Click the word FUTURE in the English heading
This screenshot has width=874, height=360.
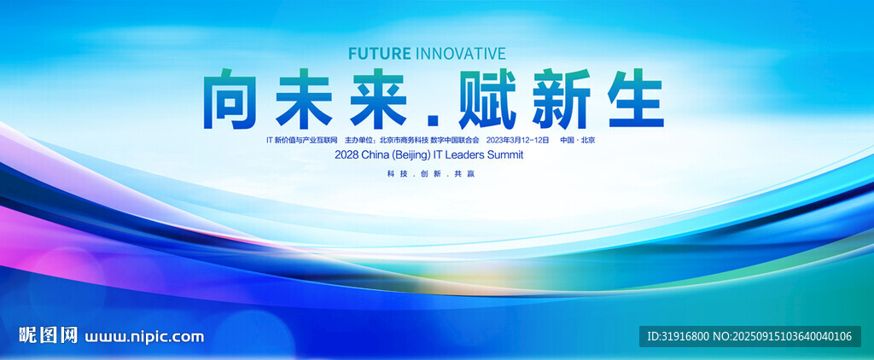point(379,54)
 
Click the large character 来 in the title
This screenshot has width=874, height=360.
point(378,99)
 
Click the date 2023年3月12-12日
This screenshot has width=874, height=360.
point(518,140)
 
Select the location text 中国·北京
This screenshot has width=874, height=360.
point(578,140)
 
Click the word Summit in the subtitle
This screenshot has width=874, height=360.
point(505,155)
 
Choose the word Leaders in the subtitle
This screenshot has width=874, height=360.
point(465,155)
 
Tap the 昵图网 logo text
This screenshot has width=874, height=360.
point(49,335)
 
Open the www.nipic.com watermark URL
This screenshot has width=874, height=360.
point(144,337)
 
